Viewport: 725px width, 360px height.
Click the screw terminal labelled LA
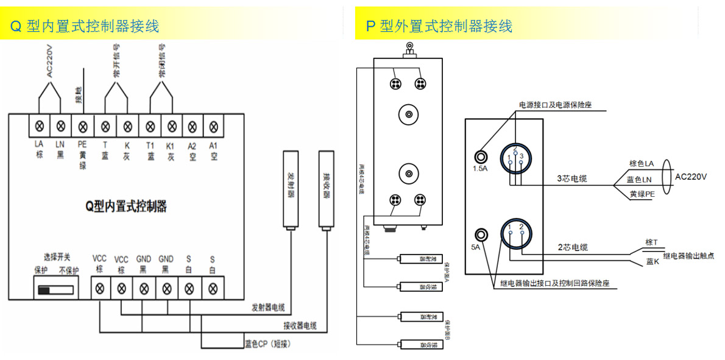pyautogui.click(x=40, y=127)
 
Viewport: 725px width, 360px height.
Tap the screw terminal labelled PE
pyautogui.click(x=83, y=127)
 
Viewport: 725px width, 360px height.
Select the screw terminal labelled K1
pyautogui.click(x=171, y=127)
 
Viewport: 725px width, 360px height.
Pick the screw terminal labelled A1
pyautogui.click(x=213, y=127)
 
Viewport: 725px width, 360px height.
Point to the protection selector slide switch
pyautogui.click(x=55, y=288)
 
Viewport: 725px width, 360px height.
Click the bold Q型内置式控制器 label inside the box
pyautogui.click(x=126, y=206)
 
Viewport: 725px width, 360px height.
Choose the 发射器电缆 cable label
pyautogui.click(x=268, y=306)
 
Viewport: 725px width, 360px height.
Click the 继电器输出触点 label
pyautogui.click(x=688, y=256)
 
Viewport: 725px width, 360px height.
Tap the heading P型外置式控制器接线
pyautogui.click(x=439, y=26)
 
